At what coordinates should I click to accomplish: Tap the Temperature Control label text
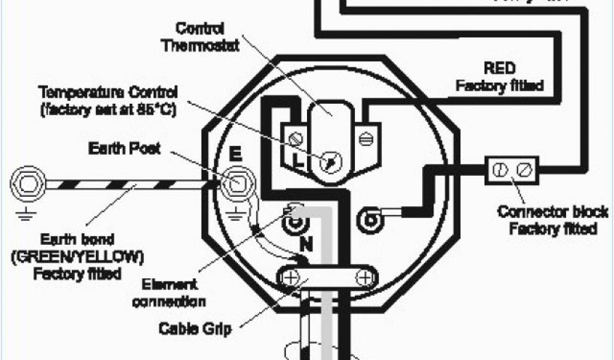point(108,93)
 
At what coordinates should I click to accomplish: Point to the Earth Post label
point(124,148)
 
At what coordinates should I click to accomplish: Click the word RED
point(500,67)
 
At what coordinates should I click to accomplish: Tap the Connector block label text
point(553,212)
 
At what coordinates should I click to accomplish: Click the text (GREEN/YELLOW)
point(77,257)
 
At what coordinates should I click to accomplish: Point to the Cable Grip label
point(195,328)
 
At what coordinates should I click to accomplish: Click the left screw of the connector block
point(498,170)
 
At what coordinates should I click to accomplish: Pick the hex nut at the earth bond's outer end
point(27,182)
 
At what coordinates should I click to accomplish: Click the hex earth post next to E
point(235,182)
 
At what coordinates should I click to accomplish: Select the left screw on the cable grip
point(288,277)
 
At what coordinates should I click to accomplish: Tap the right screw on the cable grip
point(363,277)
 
